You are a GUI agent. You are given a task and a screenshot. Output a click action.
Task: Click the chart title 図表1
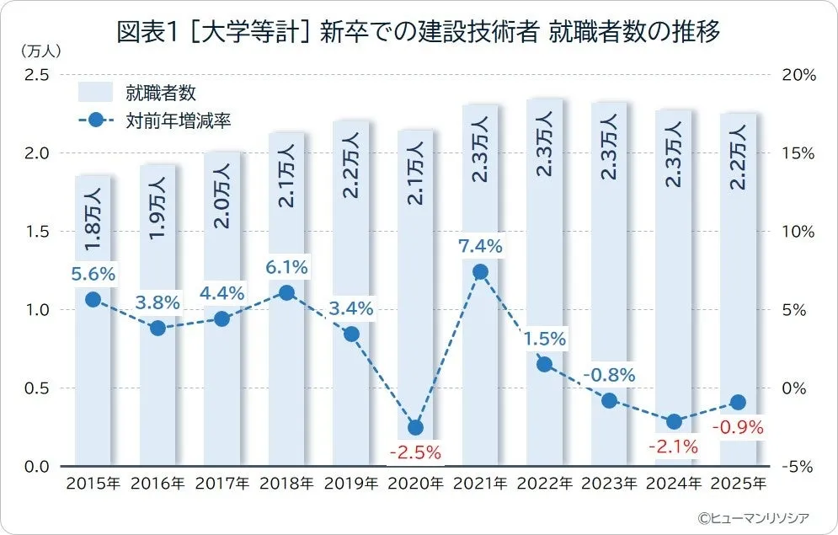(419, 34)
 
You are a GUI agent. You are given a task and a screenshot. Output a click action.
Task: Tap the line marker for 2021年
(480, 272)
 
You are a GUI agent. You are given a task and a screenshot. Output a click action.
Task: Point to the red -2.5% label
(415, 452)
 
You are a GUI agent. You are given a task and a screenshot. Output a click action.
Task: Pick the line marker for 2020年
(415, 427)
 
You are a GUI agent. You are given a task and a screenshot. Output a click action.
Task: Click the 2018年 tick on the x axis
(286, 484)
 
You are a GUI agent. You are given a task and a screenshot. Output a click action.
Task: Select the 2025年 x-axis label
(739, 484)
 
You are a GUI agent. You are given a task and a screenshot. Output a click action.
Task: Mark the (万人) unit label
(35, 51)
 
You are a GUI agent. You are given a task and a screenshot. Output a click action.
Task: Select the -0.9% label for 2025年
(739, 428)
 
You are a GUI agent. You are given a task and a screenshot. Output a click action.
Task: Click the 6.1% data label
(286, 267)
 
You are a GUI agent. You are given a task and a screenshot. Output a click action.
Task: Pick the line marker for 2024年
(674, 421)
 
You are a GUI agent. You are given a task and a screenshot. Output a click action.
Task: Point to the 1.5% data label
(545, 339)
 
